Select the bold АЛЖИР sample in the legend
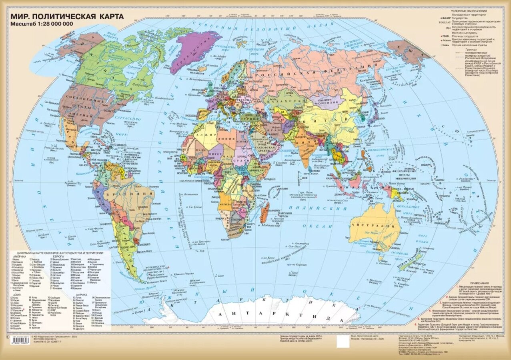click(445, 18)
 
